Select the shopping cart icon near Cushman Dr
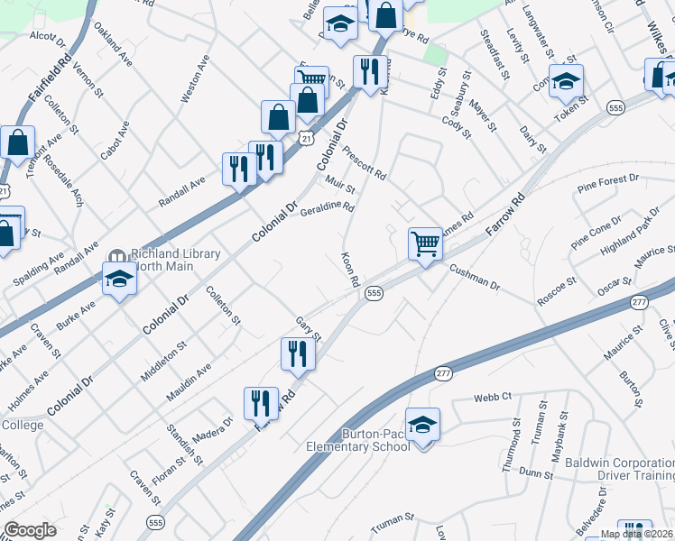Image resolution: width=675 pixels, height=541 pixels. (x=425, y=243)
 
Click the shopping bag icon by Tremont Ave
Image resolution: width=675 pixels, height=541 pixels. (x=17, y=142)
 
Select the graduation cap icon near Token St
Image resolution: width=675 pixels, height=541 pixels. (x=565, y=81)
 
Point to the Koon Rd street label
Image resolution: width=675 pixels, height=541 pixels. (x=351, y=269)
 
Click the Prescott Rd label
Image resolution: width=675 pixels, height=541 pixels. (x=365, y=163)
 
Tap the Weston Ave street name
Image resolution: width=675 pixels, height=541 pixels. (x=195, y=78)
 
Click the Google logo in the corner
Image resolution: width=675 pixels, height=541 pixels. (x=31, y=530)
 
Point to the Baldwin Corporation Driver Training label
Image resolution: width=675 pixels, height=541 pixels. (x=620, y=469)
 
